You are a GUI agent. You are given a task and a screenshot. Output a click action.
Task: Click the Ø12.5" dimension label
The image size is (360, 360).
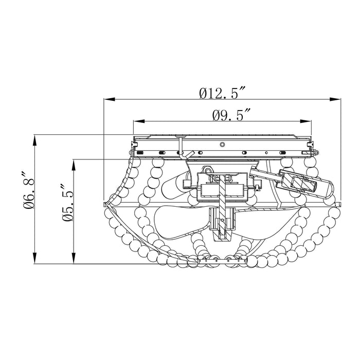(x=223, y=93)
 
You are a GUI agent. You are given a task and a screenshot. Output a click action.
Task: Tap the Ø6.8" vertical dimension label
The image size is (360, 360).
(x=29, y=190)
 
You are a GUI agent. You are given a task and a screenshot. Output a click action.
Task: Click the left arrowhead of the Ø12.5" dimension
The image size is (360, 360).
(x=109, y=99)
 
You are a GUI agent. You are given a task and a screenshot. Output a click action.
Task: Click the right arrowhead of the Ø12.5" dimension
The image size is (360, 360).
(x=335, y=99)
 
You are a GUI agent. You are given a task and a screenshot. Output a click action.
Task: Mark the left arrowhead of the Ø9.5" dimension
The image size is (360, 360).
(x=139, y=121)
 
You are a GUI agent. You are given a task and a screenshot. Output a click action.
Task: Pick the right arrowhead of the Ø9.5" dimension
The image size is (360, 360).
(x=306, y=121)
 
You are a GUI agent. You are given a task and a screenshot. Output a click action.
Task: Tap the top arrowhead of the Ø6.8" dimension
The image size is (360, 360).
(x=34, y=140)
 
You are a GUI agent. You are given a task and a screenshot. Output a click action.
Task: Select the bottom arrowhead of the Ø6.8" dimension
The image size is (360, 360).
(x=34, y=258)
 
